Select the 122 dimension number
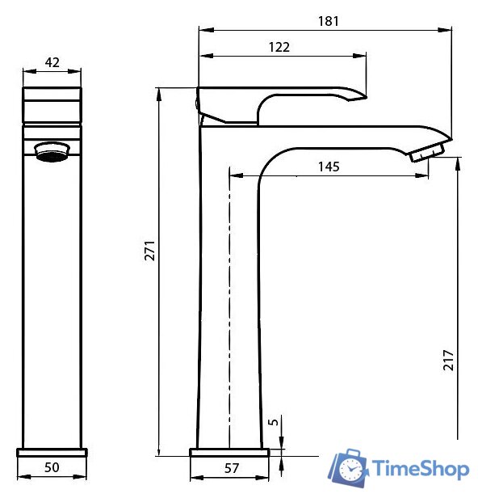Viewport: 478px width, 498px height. pos(279,47)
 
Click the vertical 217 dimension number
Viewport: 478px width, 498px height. pos(449,359)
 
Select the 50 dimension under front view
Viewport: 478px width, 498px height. pos(52,468)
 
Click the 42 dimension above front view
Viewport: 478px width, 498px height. pos(52,62)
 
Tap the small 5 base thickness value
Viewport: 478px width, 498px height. pos(274,422)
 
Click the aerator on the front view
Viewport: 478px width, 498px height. pos(53,150)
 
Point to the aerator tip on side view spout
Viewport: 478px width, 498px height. pos(427,151)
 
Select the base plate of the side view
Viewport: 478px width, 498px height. pos(229,450)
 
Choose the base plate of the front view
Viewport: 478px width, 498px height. pos(52,450)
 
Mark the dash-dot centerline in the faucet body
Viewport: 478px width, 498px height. pos(230,307)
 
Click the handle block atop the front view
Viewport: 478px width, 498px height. pos(52,106)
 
